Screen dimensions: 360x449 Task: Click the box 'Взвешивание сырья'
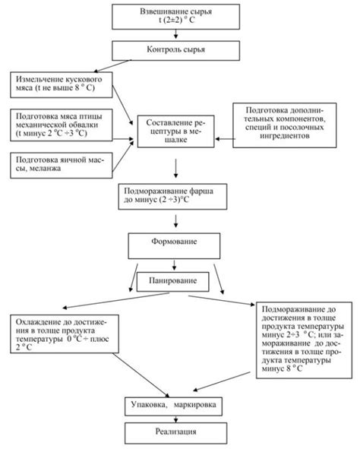pyautogui.click(x=175, y=17)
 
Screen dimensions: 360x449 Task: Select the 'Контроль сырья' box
pyautogui.click(x=175, y=51)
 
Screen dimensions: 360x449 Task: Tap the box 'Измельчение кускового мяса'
pyautogui.click(x=62, y=85)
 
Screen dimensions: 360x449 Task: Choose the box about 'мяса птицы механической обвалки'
pyautogui.click(x=62, y=125)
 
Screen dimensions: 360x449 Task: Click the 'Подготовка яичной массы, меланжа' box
pyautogui.click(x=62, y=166)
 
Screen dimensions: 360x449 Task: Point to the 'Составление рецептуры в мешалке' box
pyautogui.click(x=175, y=131)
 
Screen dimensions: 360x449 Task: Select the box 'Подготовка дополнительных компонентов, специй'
pyautogui.click(x=285, y=125)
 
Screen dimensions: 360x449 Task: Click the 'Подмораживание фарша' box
pyautogui.click(x=172, y=197)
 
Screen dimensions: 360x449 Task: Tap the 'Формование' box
pyautogui.click(x=174, y=246)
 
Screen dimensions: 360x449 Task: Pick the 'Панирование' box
pyautogui.click(x=173, y=282)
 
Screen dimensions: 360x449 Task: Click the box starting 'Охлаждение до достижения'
pyautogui.click(x=65, y=334)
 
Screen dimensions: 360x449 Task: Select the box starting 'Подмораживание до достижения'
pyautogui.click(x=304, y=340)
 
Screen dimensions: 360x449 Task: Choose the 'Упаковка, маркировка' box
pyautogui.click(x=173, y=406)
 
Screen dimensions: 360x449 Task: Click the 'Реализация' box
pyautogui.click(x=175, y=433)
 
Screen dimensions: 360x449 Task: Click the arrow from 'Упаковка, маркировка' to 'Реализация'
pyautogui.click(x=175, y=419)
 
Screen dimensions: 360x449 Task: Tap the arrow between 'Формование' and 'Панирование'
pyautogui.click(x=174, y=265)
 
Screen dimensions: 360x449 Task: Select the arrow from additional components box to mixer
pyautogui.click(x=226, y=139)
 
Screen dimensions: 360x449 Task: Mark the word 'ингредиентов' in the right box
pyautogui.click(x=285, y=136)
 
